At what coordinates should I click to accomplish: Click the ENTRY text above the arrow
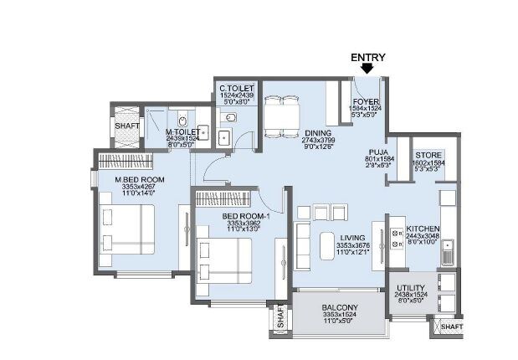point(368,57)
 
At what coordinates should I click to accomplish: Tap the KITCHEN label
point(423,229)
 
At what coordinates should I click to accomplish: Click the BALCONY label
point(340,308)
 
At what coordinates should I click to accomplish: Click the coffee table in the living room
point(326,244)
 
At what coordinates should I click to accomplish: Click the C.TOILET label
point(236,87)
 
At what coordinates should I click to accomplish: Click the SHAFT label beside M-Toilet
point(127,126)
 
